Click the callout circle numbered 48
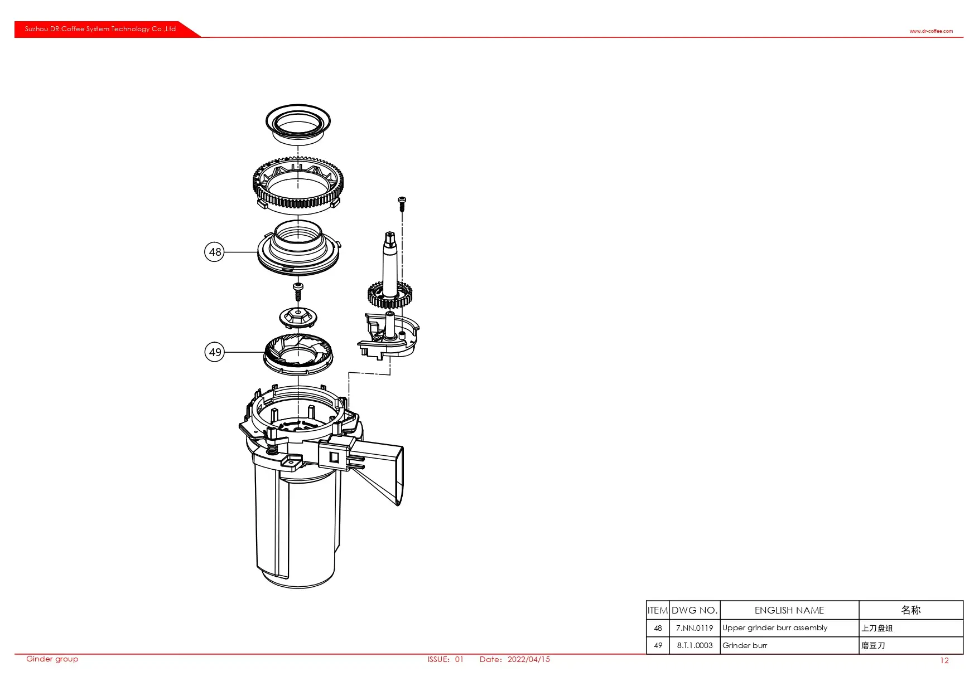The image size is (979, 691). click(x=215, y=252)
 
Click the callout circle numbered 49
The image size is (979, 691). click(x=215, y=352)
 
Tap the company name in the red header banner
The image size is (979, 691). click(x=100, y=29)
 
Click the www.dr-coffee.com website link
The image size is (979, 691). click(x=931, y=31)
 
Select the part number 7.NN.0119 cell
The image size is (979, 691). click(x=695, y=628)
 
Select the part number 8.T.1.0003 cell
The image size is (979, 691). click(x=695, y=645)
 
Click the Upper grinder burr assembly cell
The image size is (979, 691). click(x=775, y=628)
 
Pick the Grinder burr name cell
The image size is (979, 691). click(x=745, y=645)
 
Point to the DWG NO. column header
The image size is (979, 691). click(x=695, y=610)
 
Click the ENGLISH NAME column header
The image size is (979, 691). click(x=789, y=610)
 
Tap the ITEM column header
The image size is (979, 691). click(x=658, y=610)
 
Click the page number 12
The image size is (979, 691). click(x=944, y=660)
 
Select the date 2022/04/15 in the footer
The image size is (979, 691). click(x=528, y=659)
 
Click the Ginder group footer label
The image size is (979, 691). click(x=52, y=659)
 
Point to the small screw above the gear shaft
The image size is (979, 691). click(x=402, y=203)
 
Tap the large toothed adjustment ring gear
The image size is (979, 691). click(x=298, y=184)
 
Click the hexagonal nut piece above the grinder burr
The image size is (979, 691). click(x=298, y=317)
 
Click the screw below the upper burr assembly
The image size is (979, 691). click(x=298, y=291)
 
